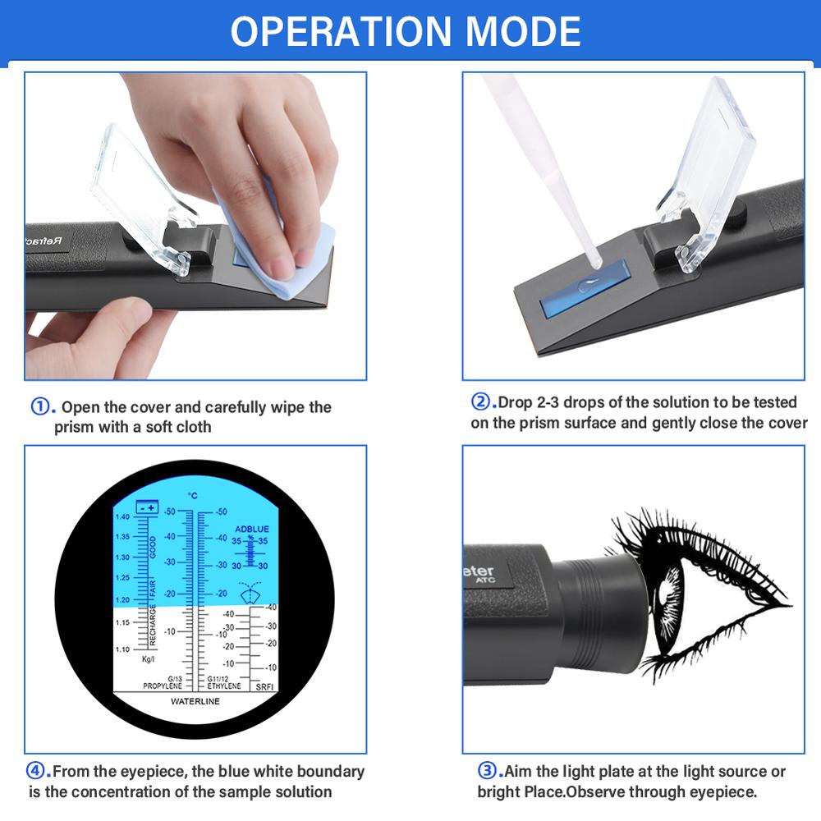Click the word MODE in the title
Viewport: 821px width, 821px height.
(524, 31)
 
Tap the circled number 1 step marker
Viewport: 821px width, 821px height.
(42, 406)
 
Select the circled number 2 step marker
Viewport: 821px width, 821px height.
(480, 402)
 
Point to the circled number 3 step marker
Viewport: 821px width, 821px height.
(488, 771)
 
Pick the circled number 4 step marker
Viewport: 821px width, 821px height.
(39, 771)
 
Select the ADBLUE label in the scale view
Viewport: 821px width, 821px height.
(251, 530)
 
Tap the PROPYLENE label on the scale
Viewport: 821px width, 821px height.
(163, 686)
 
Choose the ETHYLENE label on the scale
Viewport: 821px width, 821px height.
(224, 686)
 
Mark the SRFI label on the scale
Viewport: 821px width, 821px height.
(264, 686)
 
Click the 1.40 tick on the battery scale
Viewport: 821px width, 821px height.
(122, 516)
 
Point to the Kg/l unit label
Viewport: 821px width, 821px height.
(149, 659)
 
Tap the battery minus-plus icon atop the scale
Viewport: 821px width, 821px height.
(147, 507)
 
